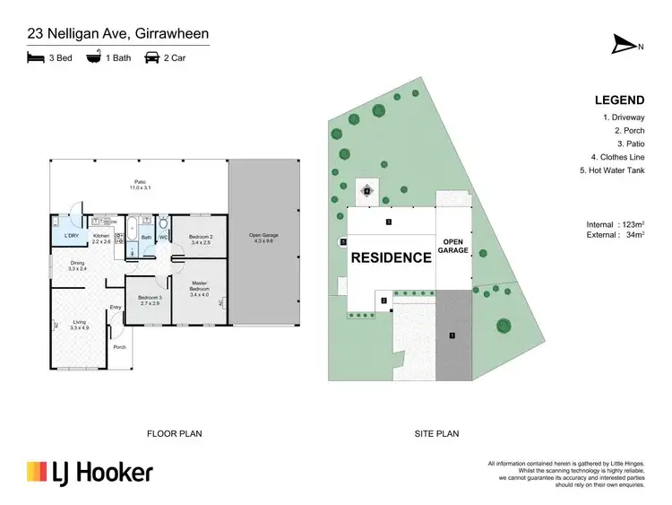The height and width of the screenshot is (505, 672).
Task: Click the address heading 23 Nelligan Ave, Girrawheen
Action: point(117,35)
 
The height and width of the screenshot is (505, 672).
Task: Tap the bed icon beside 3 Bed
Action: point(36,57)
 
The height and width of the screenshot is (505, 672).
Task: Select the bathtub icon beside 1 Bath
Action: point(92,57)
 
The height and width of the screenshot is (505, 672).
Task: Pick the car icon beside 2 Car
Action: point(151,57)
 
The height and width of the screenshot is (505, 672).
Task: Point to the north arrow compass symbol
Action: point(625,45)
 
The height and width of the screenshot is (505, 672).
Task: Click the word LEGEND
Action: point(620,100)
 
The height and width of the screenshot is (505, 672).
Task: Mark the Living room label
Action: point(81,325)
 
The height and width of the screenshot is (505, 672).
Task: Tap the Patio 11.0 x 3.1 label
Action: point(139,186)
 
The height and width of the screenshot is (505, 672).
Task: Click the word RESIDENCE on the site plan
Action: point(391,257)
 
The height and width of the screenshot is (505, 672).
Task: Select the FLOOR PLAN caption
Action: point(174,434)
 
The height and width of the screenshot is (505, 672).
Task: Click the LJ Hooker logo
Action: point(90,472)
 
